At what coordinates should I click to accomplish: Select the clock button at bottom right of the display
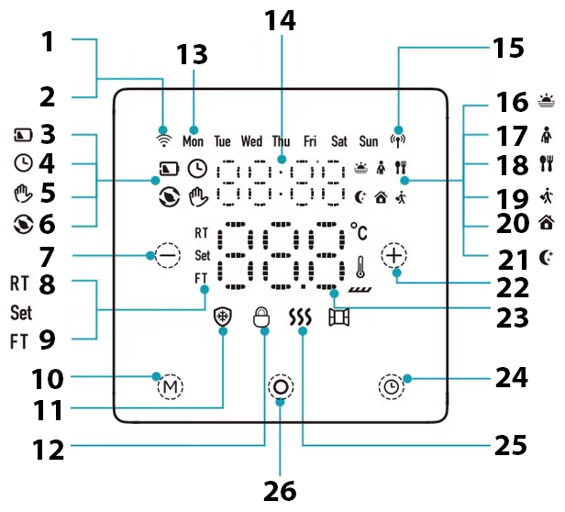[x=392, y=387]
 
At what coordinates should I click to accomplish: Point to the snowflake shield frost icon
[x=222, y=318]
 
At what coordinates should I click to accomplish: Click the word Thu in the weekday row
[x=281, y=141]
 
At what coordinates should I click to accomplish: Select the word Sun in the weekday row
[x=368, y=141]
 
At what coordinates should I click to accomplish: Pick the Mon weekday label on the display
[x=193, y=141]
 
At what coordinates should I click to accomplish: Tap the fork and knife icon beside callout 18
[x=547, y=163]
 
